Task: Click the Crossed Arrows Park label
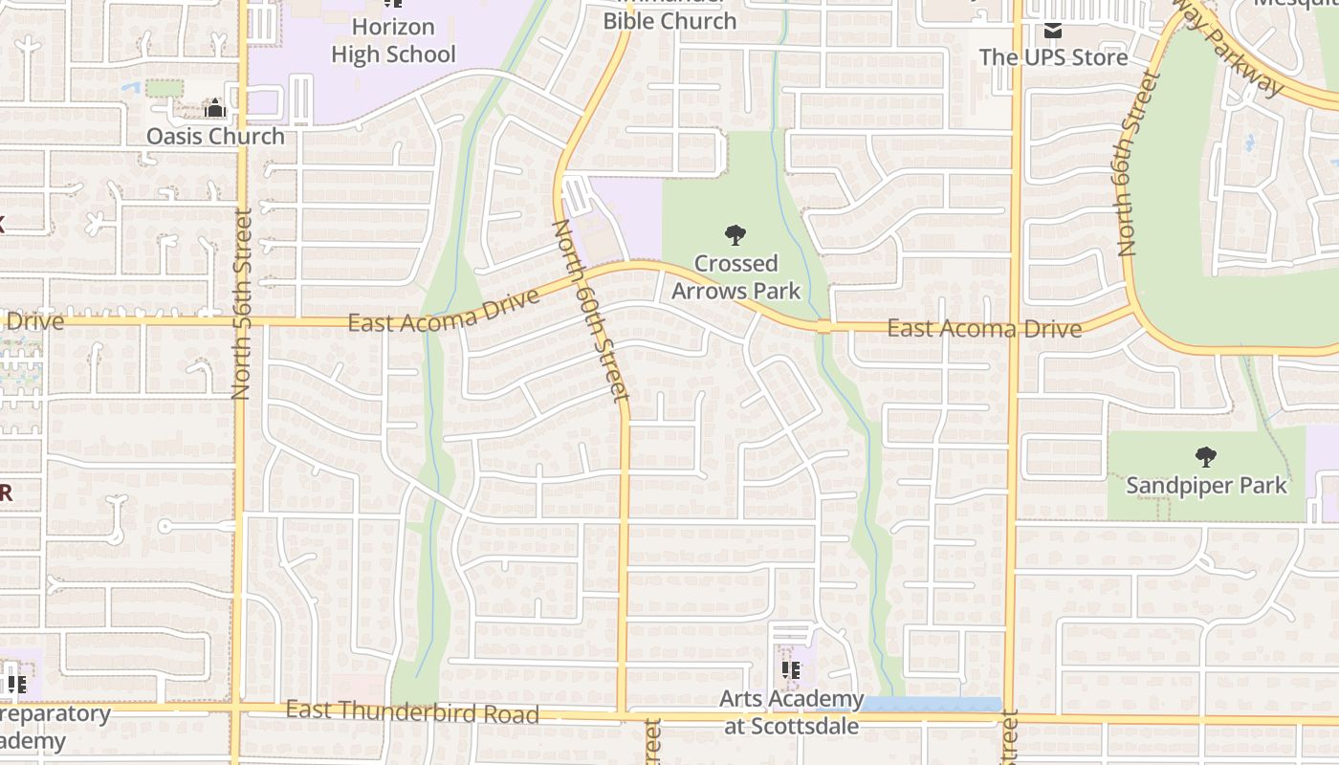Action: click(735, 275)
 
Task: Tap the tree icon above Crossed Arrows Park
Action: click(735, 234)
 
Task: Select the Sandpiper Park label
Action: click(1206, 485)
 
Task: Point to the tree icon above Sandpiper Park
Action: click(1206, 457)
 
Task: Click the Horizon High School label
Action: click(394, 40)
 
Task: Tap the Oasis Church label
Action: click(215, 136)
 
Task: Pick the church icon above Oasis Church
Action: click(215, 108)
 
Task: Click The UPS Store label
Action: click(1053, 57)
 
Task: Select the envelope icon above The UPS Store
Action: click(1053, 31)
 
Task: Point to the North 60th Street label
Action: click(590, 309)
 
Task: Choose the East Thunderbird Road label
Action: click(412, 711)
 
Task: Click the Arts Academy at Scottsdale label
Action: click(791, 712)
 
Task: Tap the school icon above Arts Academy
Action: click(791, 670)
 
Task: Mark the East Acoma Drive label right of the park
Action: click(984, 329)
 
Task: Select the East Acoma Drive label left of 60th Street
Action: click(443, 312)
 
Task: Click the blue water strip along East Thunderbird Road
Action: click(932, 705)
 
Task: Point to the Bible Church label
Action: click(669, 20)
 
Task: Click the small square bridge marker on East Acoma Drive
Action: click(823, 327)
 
